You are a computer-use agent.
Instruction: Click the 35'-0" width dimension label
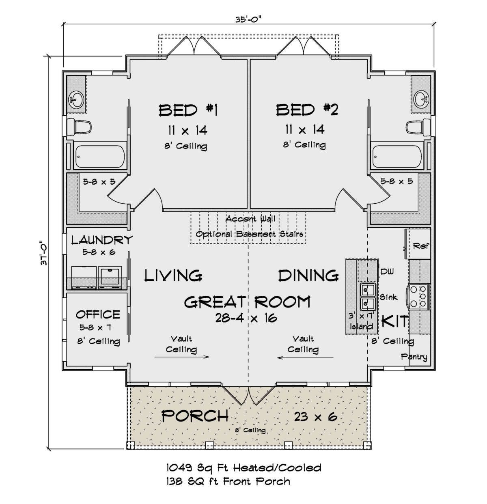(247, 20)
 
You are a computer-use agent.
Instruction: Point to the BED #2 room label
(307, 110)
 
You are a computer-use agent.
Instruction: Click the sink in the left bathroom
(76, 100)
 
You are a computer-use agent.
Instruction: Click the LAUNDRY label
(102, 240)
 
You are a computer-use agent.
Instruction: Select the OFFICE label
(98, 314)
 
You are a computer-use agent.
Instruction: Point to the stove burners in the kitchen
(418, 296)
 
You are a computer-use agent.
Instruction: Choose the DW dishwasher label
(387, 271)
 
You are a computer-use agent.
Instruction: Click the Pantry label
(414, 357)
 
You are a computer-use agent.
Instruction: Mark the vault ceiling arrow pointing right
(181, 357)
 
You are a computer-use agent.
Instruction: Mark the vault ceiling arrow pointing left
(305, 358)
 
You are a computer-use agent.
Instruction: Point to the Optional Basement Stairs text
(249, 234)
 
